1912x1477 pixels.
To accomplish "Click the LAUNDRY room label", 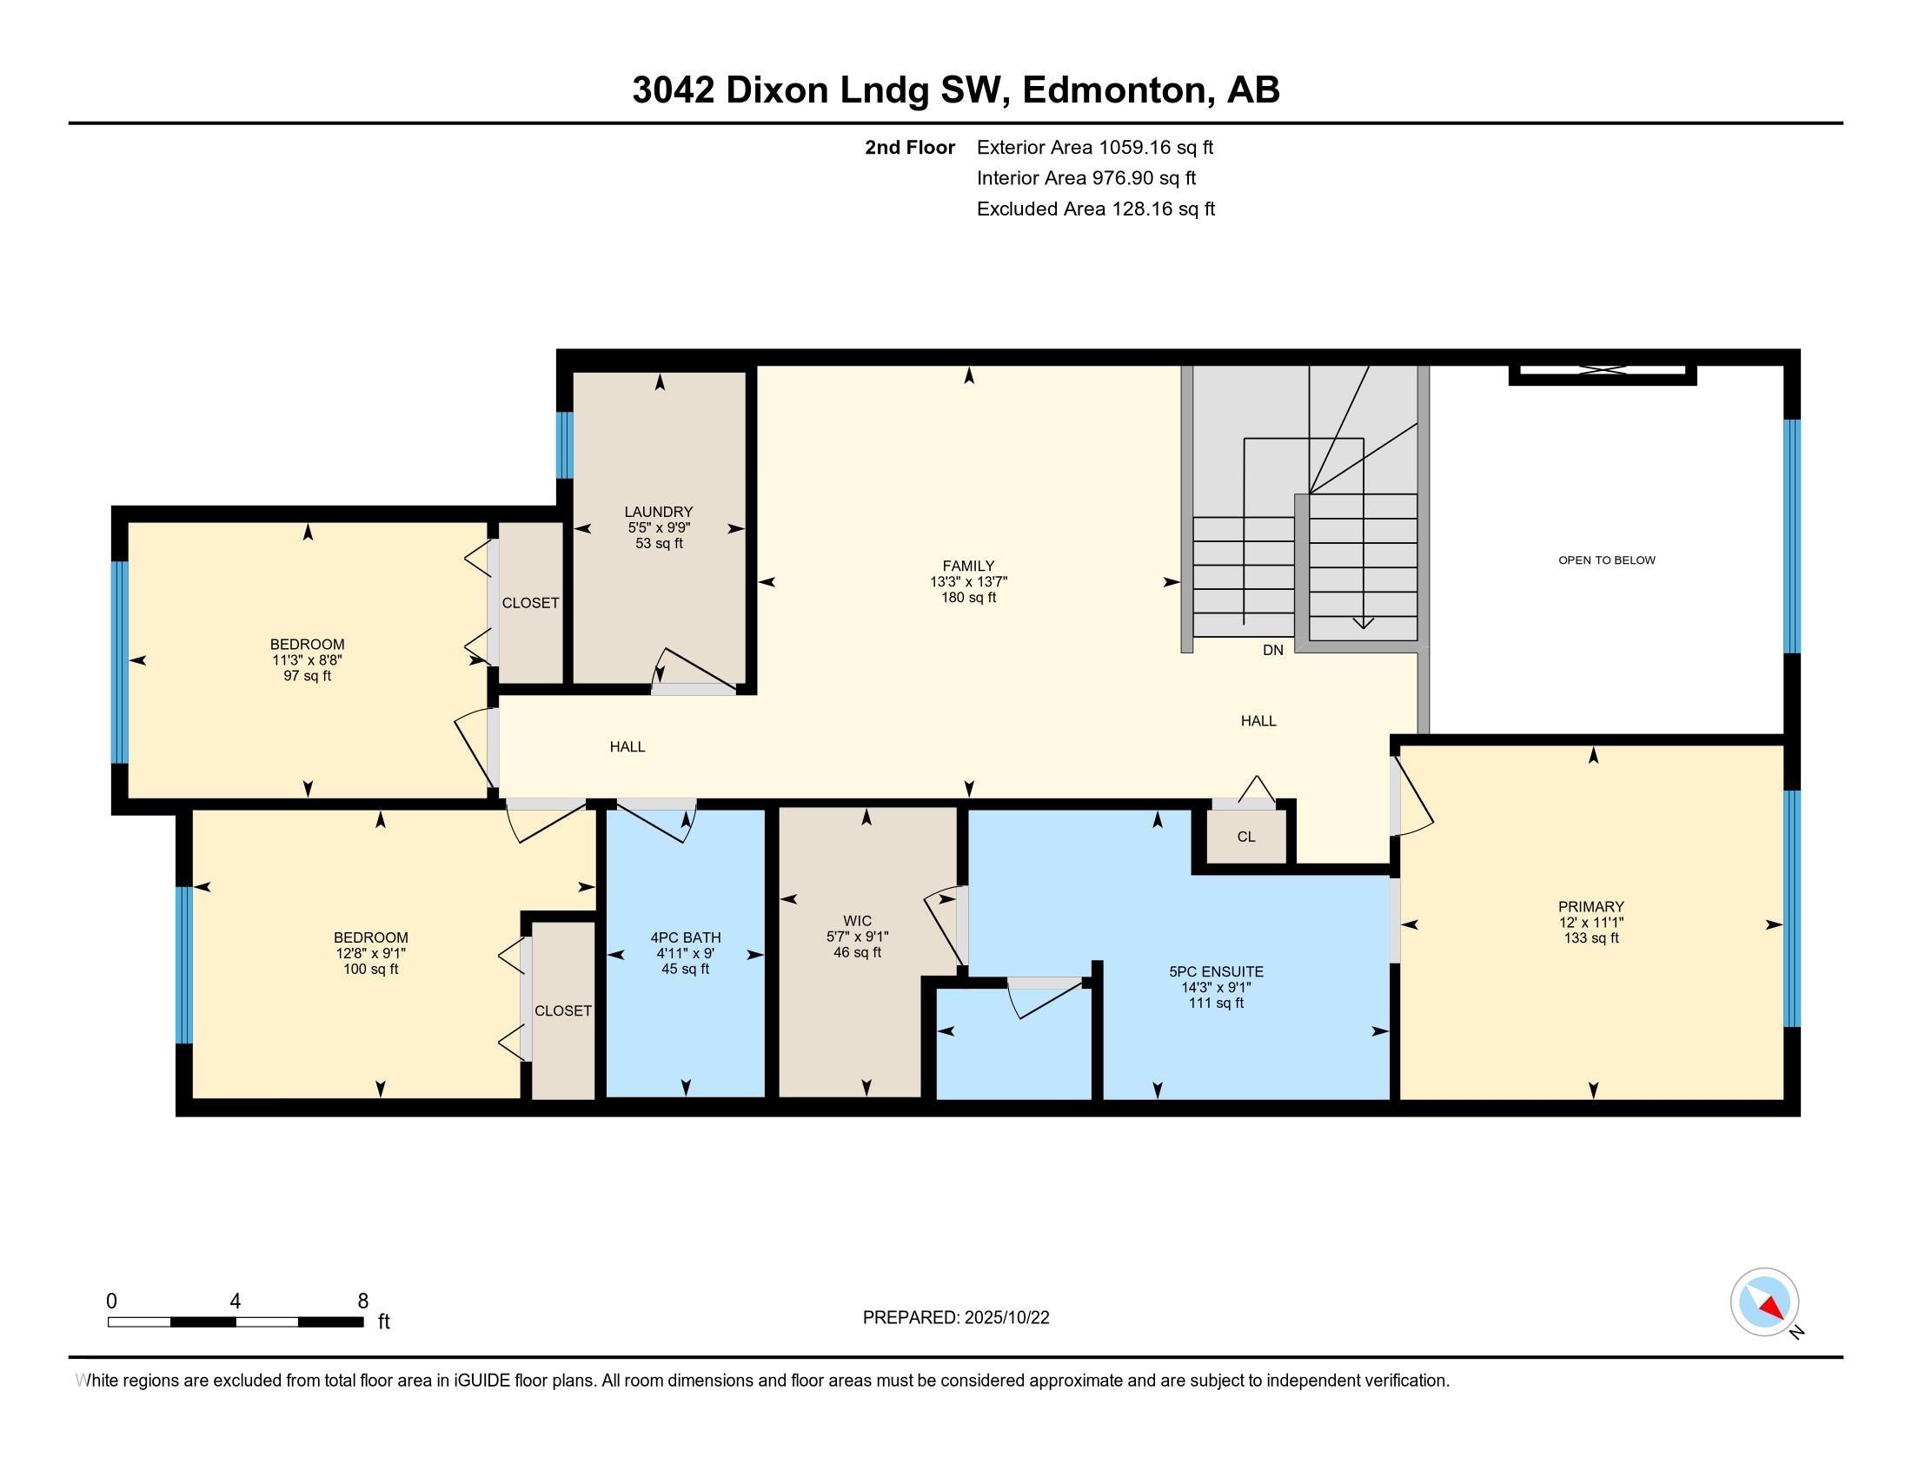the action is pos(659,512).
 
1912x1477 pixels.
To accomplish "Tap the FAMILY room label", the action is pos(968,566).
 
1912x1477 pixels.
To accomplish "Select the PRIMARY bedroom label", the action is pos(1590,906).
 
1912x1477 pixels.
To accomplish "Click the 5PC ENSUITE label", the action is pos(1216,971).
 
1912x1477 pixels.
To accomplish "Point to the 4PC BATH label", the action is pos(686,937).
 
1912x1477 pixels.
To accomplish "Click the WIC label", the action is pos(857,920).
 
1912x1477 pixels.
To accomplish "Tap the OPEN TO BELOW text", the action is pos(1606,560).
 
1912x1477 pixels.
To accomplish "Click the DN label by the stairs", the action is pos(1273,650).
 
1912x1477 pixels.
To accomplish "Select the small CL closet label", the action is pos(1245,837).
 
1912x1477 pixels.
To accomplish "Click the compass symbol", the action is pos(1764,1301).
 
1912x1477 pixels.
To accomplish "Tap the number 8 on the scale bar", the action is pos(362,1301).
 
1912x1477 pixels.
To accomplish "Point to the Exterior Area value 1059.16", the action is pos(1134,147).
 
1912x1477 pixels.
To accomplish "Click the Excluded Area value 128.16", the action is pos(1143,209).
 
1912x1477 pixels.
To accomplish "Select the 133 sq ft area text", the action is pos(1590,938).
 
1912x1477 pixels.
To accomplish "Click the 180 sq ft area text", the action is pos(968,598).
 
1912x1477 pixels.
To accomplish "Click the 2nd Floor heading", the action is pos(910,147).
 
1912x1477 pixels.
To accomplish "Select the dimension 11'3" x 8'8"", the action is pos(308,660).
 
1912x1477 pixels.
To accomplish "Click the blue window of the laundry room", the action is pos(565,446).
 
